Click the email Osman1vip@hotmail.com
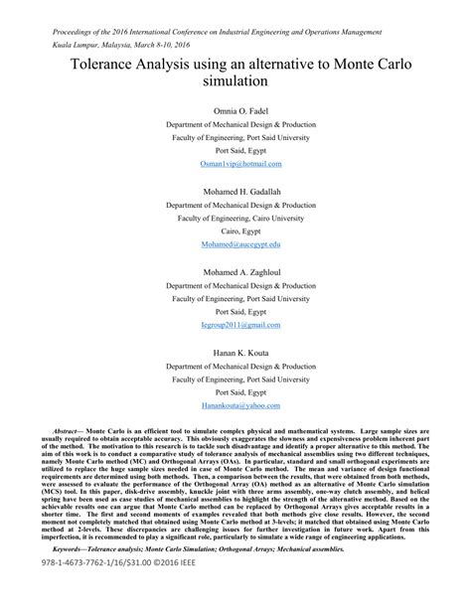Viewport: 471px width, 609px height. (x=240, y=163)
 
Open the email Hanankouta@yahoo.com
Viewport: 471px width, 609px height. (x=240, y=406)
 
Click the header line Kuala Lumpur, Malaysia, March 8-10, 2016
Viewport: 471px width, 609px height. (x=121, y=45)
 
